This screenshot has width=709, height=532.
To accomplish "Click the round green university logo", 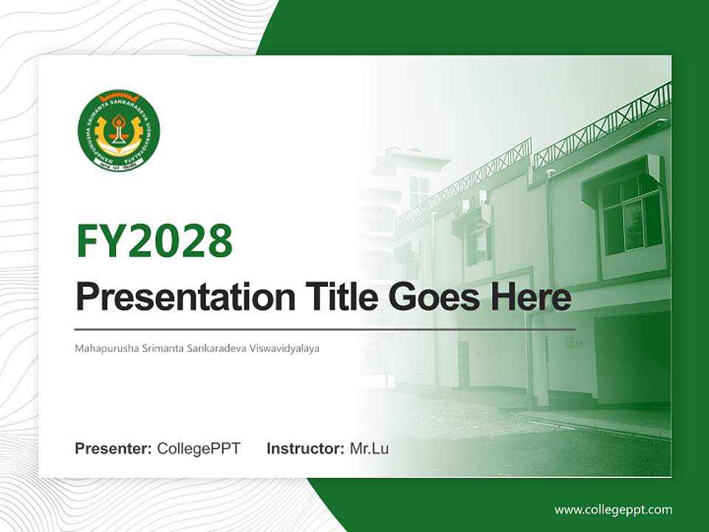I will coord(118,131).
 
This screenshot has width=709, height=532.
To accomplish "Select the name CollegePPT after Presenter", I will coord(199,449).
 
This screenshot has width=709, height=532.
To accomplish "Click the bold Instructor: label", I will coord(305,449).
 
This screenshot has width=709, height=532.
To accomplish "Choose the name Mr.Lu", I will coord(369,449).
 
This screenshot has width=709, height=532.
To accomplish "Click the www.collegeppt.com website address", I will coord(613,510).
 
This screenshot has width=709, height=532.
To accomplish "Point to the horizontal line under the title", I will coord(325,329).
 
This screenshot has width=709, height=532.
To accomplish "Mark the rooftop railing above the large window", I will coord(602,122).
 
